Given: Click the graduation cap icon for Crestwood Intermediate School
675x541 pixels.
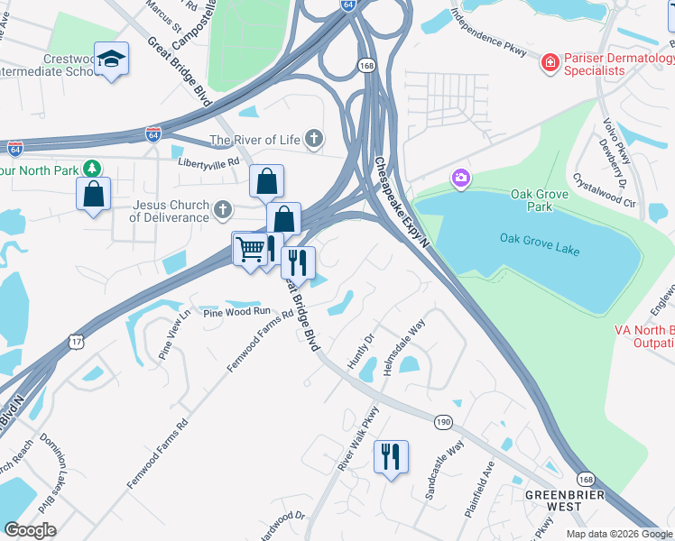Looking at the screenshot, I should click(x=112, y=60).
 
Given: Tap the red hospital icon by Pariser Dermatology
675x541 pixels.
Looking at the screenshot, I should click(x=549, y=62).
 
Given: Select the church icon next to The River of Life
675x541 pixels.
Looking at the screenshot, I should click(x=313, y=139).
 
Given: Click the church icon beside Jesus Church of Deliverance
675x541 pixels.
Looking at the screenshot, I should click(x=223, y=210).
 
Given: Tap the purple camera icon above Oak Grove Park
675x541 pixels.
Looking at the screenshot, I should click(x=461, y=179).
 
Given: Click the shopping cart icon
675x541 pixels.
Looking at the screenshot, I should click(x=251, y=248).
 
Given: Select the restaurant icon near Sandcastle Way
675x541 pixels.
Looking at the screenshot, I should click(x=391, y=455).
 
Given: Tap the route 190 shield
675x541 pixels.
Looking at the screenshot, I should click(x=442, y=421).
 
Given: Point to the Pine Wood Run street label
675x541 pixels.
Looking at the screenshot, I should click(x=236, y=311).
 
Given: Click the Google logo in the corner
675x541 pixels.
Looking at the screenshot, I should click(x=30, y=529).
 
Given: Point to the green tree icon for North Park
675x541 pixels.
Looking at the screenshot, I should click(x=91, y=169).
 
